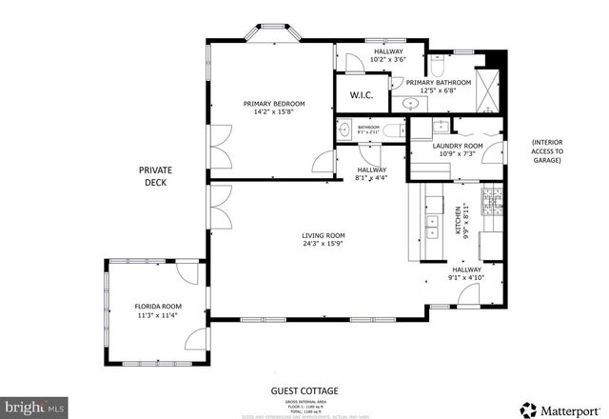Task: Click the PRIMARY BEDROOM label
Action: click(273, 103)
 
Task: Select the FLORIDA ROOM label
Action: click(157, 307)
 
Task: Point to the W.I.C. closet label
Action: click(361, 94)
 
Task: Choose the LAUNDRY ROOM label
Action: click(458, 146)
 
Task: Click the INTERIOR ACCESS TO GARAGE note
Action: click(547, 151)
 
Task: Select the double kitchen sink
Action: click(431, 226)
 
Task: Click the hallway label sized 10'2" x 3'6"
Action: click(388, 55)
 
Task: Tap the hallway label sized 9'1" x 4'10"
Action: click(467, 274)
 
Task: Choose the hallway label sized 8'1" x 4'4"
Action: click(371, 172)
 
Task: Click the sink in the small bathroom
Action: click(343, 130)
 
